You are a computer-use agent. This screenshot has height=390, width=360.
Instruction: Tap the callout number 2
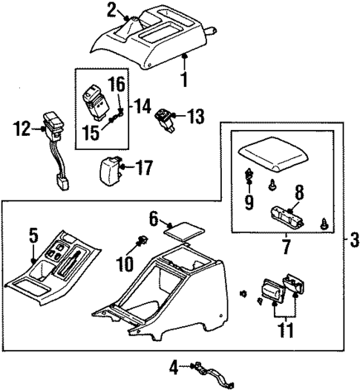[111, 10]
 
